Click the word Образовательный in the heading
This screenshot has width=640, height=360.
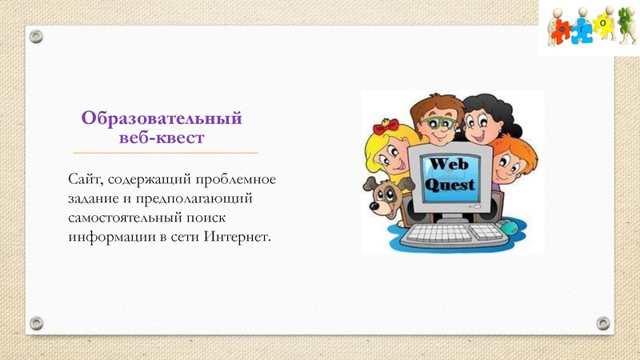[x=162, y=120]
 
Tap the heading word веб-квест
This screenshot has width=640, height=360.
[x=162, y=138]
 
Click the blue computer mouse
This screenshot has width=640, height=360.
[x=509, y=228]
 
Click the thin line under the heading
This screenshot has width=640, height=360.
[x=165, y=152]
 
